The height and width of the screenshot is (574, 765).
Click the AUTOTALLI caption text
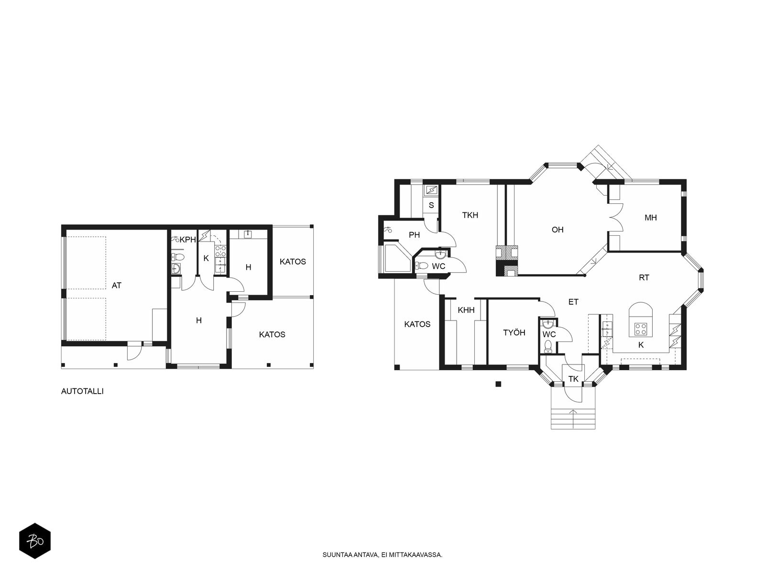coord(82,391)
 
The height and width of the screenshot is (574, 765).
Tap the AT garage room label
coord(116,286)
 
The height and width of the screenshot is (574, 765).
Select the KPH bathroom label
coord(188,240)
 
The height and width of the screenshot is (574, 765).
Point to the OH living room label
coord(557,230)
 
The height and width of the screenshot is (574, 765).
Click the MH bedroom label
coord(651,218)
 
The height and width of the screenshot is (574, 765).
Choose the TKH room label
coord(470,215)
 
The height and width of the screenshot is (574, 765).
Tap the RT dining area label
coord(644,278)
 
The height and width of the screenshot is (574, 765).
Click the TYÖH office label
coord(514,333)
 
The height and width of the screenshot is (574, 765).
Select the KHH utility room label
coord(466,310)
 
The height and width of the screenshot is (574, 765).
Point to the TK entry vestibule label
coord(573,379)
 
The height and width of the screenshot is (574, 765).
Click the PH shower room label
coord(414,235)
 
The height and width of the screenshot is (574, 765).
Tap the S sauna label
coord(431,205)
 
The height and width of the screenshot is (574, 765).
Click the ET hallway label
coord(573,302)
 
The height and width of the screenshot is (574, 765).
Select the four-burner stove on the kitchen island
coord(641,329)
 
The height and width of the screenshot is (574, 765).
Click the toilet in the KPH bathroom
coord(179,257)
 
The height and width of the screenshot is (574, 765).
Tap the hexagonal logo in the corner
coord(35,541)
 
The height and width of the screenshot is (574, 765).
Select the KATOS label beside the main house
coord(417,324)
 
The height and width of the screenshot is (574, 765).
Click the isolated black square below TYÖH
coord(498,384)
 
